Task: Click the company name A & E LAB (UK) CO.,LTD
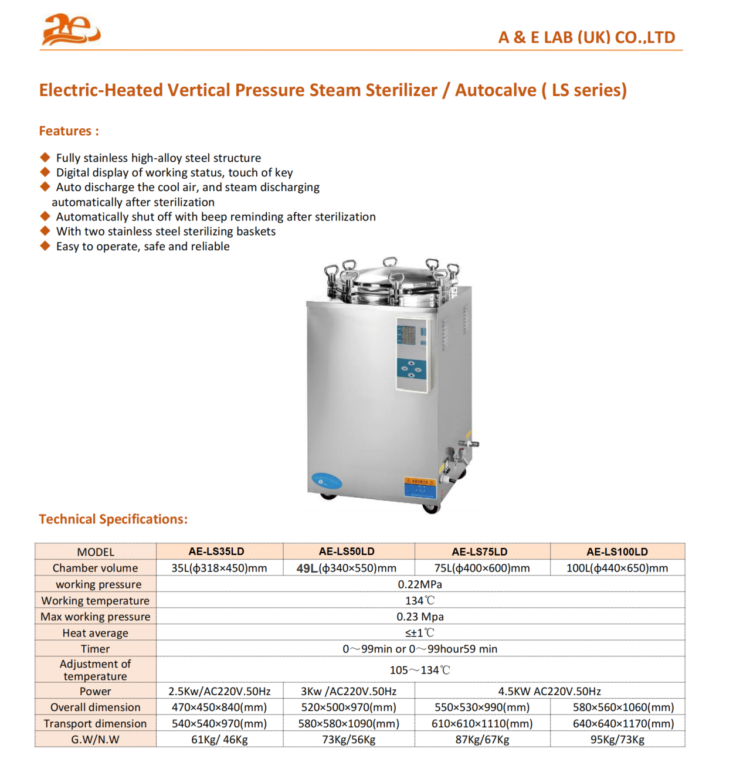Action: (x=586, y=38)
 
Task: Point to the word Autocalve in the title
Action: (x=496, y=90)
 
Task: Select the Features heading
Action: (x=69, y=131)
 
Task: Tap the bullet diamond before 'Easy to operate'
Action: (x=45, y=246)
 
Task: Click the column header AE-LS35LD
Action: (x=216, y=552)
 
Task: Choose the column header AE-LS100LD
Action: (x=617, y=552)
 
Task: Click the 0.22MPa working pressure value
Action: (x=420, y=584)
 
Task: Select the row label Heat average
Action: (x=95, y=633)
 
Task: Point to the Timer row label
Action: (x=95, y=649)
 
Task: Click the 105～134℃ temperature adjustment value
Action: (x=420, y=670)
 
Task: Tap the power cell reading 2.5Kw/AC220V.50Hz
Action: (x=219, y=692)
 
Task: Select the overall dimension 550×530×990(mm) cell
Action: (x=482, y=707)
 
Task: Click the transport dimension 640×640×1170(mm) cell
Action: (x=623, y=724)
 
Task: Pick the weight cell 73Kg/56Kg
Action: (x=348, y=740)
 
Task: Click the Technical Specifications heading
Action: (x=113, y=519)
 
